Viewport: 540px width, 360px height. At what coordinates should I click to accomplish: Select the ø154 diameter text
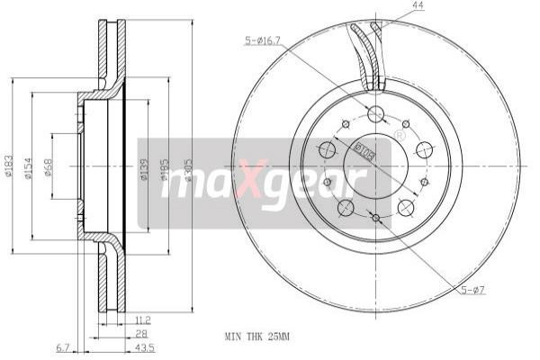[x=30, y=168]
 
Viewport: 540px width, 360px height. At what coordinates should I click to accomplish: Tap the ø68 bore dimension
[x=49, y=168]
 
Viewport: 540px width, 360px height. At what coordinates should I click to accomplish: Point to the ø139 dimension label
[x=144, y=170]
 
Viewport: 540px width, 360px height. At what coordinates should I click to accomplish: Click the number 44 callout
[x=392, y=6]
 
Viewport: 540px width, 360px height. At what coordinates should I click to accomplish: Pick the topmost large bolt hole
[x=376, y=114]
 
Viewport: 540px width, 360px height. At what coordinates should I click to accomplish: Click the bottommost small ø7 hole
[x=375, y=218]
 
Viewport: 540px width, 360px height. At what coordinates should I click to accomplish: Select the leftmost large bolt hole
[x=328, y=149]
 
